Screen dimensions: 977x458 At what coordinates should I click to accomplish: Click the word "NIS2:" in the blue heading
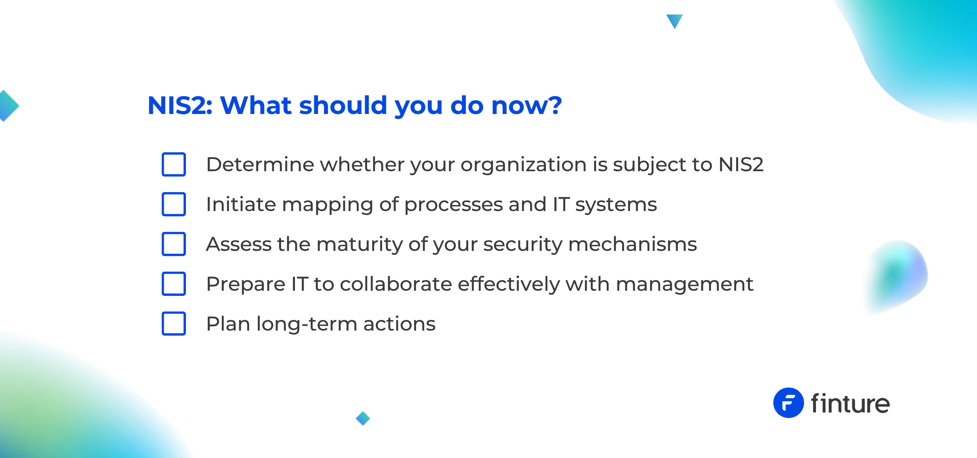(x=180, y=105)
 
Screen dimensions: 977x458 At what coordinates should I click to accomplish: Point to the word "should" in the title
(x=343, y=105)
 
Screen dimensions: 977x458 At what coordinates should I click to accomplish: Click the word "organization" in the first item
(x=523, y=165)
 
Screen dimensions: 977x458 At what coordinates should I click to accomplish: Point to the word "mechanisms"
(x=632, y=244)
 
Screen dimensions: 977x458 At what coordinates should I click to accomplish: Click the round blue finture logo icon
(x=788, y=403)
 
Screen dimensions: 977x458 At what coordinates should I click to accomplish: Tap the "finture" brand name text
(x=850, y=403)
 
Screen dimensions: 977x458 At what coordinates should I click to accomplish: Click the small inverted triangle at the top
(x=675, y=21)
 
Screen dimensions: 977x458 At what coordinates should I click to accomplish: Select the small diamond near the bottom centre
(x=363, y=418)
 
